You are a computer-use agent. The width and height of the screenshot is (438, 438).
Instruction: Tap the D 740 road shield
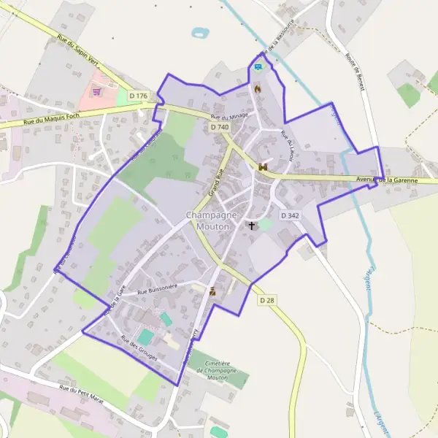[x=219, y=127]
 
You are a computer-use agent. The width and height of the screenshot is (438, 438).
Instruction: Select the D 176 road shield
[x=138, y=96]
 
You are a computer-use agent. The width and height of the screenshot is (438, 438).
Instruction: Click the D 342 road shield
[x=290, y=215]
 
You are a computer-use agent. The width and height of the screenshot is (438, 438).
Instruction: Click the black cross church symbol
[x=253, y=226]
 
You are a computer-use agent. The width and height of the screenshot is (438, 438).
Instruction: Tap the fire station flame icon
[x=257, y=88]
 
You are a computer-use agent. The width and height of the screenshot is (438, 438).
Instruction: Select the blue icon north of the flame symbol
[x=257, y=68]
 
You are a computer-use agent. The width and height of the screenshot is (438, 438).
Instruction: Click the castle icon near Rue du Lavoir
[x=263, y=167]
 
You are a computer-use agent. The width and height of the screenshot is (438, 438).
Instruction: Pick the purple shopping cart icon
[x=96, y=92]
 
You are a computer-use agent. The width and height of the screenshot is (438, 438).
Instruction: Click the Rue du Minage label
[x=229, y=116]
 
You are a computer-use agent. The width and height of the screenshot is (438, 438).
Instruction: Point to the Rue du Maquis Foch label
[x=54, y=118]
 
